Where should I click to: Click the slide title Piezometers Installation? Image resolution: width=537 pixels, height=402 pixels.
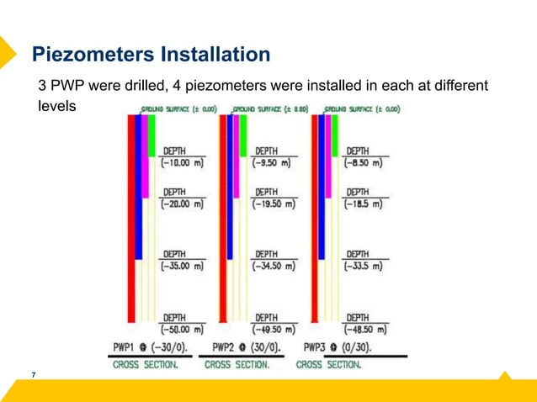click(x=151, y=55)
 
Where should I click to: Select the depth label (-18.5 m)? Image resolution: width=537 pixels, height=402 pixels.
click(x=364, y=204)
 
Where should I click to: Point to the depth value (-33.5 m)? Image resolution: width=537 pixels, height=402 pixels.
click(x=364, y=266)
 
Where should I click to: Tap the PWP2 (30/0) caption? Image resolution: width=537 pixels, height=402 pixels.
click(x=247, y=346)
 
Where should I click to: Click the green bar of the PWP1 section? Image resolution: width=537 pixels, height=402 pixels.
click(x=152, y=135)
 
